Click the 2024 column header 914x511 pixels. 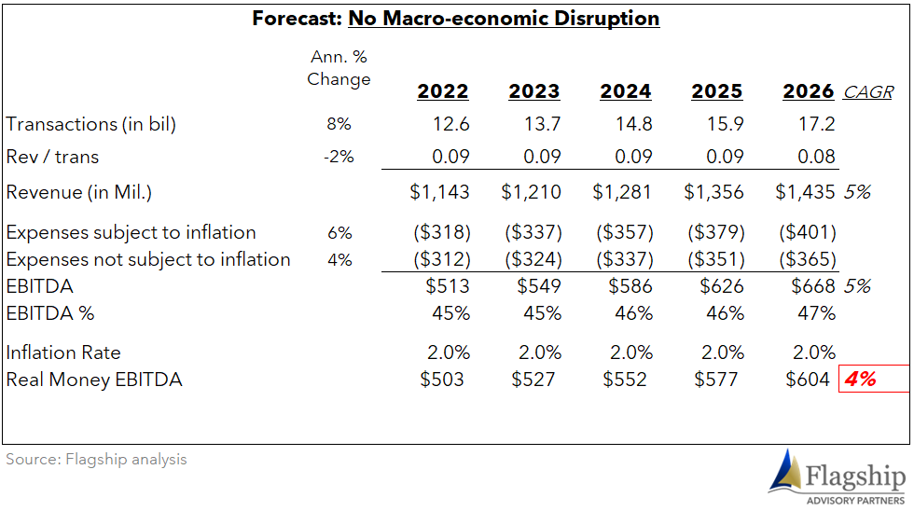pos(626,91)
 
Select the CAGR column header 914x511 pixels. pos(868,92)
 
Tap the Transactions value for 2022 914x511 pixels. pos(451,124)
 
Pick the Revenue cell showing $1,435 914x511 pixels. pos(805,192)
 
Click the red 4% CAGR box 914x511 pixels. pos(874,379)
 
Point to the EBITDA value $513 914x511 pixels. pos(448,286)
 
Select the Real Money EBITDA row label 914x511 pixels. pos(94,380)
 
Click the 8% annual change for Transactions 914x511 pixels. pos(339,124)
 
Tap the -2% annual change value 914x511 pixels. pos(339,157)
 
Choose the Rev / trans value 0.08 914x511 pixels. pos(816,157)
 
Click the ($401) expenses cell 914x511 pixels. pos(808,232)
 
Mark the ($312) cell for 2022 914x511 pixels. pos(442,259)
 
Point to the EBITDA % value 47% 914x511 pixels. pos(817,313)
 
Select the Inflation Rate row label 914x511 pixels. pos(63,352)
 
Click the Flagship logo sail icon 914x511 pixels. pos(785,471)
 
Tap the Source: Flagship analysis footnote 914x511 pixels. pos(96,459)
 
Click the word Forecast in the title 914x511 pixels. pos(298,19)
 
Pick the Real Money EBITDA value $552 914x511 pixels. pos(625,380)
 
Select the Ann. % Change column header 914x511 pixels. pos(339,68)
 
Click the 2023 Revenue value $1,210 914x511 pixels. pos(531,192)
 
